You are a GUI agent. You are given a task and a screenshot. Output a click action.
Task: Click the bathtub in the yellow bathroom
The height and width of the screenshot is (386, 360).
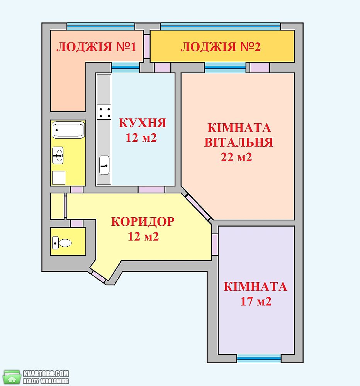(x=68, y=129)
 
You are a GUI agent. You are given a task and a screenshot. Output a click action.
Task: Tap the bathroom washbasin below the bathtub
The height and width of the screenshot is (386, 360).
(x=58, y=156)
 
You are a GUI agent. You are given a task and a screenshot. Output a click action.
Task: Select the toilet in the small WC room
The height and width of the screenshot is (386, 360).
(x=62, y=243)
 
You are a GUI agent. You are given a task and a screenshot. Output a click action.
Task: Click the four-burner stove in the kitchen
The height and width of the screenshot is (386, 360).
(x=104, y=112)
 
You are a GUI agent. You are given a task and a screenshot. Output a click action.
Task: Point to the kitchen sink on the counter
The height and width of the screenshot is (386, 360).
(x=104, y=165)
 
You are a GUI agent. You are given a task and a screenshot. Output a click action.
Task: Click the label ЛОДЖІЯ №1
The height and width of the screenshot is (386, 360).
(x=96, y=47)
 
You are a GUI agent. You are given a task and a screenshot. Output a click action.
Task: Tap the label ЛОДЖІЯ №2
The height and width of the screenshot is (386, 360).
(x=221, y=47)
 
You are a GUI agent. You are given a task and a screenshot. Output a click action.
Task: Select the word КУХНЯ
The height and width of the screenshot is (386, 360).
(x=143, y=123)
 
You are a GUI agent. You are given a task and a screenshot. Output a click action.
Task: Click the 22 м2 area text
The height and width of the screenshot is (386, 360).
(x=236, y=157)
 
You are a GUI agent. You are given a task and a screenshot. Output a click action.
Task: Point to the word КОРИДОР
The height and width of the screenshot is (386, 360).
(x=143, y=222)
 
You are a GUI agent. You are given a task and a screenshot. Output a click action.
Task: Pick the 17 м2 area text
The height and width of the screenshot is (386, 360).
(x=256, y=301)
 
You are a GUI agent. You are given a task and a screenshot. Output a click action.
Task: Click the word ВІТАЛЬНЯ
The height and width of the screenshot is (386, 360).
(x=239, y=142)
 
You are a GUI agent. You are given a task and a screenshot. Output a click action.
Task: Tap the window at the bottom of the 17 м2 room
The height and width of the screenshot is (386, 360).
(x=259, y=359)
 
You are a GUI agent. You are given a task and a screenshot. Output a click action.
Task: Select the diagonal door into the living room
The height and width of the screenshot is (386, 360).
(x=198, y=207)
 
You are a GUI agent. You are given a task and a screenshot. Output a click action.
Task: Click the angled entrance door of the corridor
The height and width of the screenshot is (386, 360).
(x=98, y=276)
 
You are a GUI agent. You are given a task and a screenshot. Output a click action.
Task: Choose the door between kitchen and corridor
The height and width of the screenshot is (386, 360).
(x=151, y=190)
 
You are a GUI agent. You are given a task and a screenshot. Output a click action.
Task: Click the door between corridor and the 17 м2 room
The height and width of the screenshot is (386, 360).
(x=215, y=244)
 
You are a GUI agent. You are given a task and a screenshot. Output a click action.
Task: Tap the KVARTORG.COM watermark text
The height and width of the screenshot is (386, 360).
(x=46, y=373)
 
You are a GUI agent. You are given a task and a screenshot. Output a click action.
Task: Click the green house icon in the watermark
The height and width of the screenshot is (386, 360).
(x=12, y=377)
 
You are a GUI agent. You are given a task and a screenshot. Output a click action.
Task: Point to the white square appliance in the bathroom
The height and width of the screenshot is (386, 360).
(x=59, y=178)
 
